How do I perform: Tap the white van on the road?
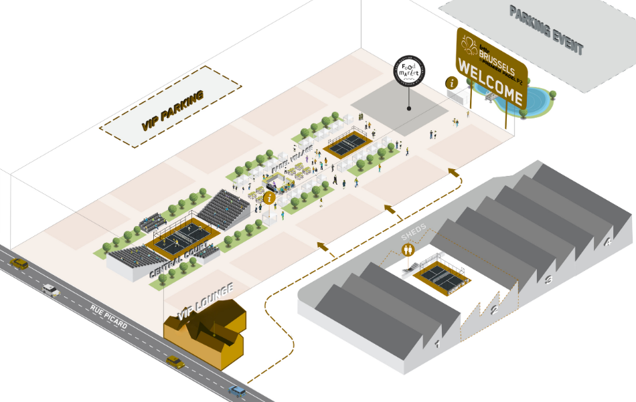[x=51, y=290]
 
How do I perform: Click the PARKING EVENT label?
[x=546, y=30]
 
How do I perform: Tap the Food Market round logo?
[x=409, y=71]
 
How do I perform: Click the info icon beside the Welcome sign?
[x=453, y=83]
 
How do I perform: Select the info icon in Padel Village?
[x=269, y=197]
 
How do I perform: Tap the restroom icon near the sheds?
[x=408, y=249]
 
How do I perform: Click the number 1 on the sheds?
[x=436, y=344]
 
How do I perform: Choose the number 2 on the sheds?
[x=495, y=310]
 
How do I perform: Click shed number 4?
[x=608, y=242]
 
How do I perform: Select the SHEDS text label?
[x=414, y=236]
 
